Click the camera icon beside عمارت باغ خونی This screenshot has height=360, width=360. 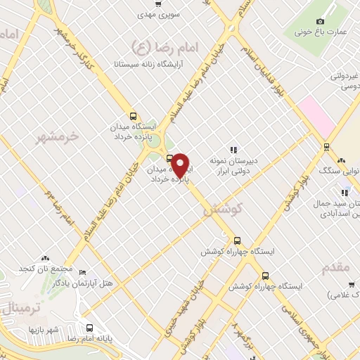pos(321,22)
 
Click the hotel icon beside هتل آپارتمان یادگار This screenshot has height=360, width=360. pos(83,273)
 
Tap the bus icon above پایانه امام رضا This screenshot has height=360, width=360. pos(89,328)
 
